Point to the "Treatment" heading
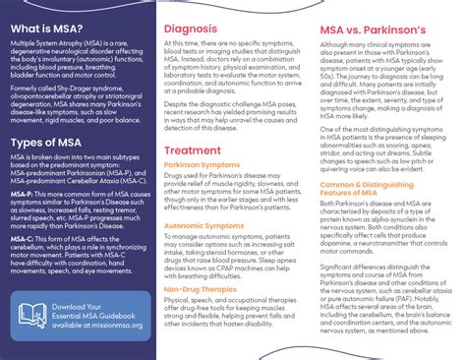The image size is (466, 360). (193, 150)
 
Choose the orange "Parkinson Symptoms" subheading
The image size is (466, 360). (203, 164)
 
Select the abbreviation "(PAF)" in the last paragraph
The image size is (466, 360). (397, 306)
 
